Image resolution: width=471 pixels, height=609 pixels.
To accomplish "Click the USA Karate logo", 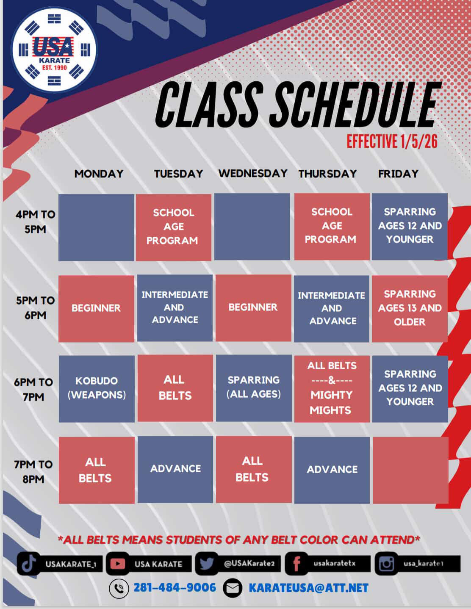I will point(53,50).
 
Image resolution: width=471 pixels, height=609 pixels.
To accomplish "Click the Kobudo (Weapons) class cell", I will point(97,388).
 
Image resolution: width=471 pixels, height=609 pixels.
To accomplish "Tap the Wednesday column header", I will point(252,173).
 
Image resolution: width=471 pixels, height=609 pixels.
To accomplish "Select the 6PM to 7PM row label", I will point(33,389).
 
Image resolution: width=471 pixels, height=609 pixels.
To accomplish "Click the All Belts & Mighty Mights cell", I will point(332,388).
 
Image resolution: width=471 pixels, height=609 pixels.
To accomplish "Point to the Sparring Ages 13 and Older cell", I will point(410,308).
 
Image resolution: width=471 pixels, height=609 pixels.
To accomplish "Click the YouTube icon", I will point(117,564).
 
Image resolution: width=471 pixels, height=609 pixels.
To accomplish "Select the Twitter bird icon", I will point(206,564).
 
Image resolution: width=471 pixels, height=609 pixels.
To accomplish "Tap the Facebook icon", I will point(296,564).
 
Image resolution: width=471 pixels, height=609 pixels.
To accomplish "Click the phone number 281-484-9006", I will point(175,588).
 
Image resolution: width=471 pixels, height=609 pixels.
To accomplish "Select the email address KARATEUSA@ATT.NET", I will point(308,588).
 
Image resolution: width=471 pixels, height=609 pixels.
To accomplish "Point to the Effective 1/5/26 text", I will point(392,141).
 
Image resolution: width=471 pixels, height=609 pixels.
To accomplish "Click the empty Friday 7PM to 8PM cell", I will point(410,470).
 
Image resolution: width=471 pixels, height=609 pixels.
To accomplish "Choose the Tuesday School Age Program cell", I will point(173,227).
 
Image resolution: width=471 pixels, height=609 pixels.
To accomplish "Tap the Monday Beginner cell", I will point(96,308).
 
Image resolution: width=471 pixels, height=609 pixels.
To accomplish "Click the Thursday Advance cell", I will point(332,470).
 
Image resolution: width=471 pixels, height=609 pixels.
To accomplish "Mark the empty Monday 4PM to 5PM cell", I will point(96,227).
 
